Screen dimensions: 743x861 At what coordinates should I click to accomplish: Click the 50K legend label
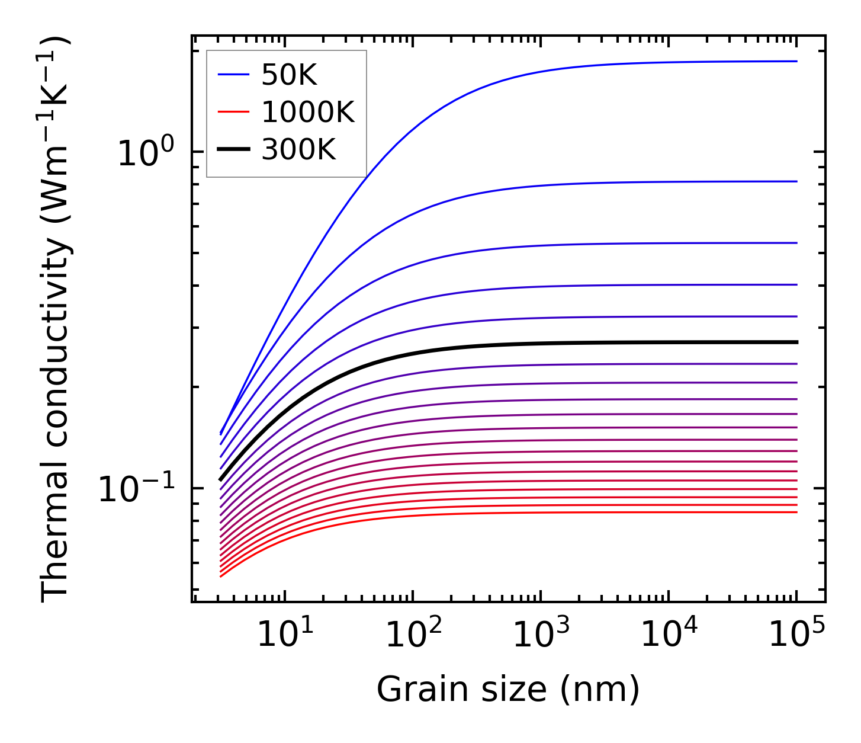pyautogui.click(x=289, y=75)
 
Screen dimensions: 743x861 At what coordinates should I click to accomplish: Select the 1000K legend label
pyautogui.click(x=308, y=112)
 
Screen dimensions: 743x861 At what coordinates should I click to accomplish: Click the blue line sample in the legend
pyautogui.click(x=233, y=75)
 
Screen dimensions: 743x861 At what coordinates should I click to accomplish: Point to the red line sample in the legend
pyautogui.click(x=233, y=112)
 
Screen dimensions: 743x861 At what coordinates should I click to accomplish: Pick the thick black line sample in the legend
pyautogui.click(x=233, y=150)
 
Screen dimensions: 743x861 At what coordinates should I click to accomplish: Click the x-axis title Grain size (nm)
pyautogui.click(x=508, y=690)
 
